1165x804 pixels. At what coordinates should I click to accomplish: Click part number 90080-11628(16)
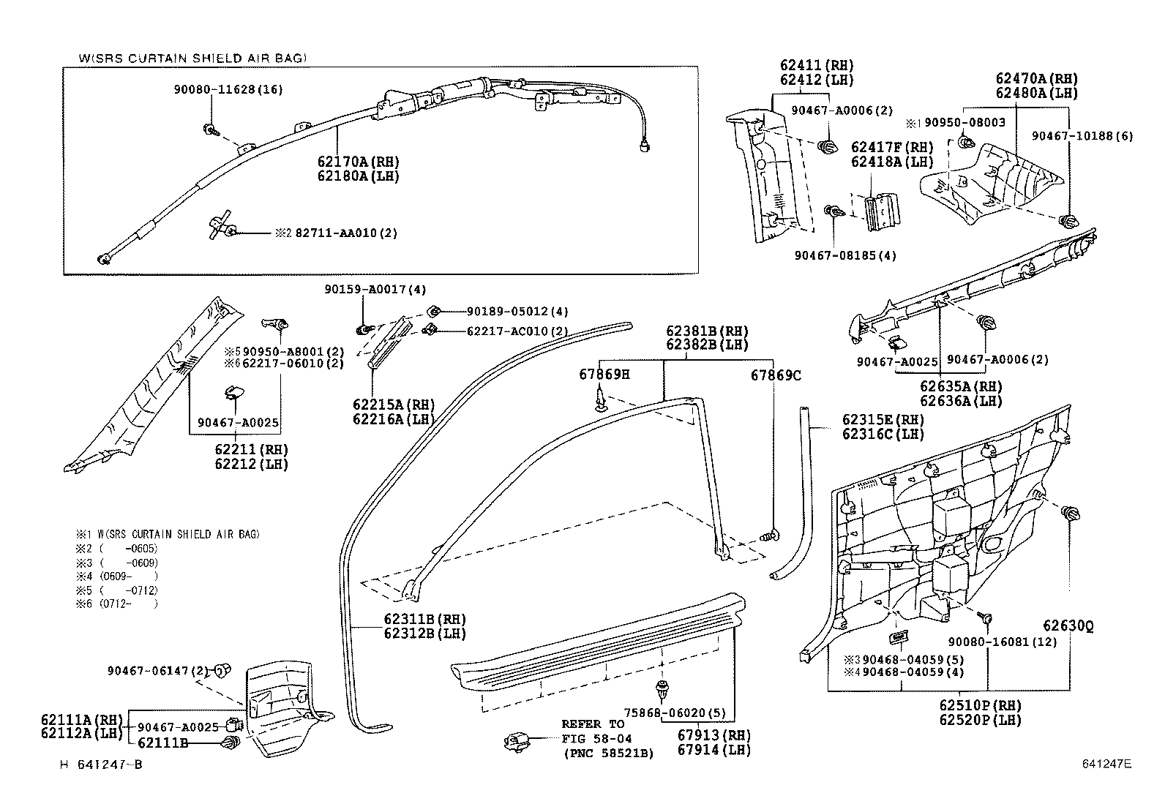228,90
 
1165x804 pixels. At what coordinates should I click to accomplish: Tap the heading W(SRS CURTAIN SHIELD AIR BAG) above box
192,58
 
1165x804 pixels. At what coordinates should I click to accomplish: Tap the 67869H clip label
604,375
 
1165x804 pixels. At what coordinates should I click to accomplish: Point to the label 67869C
776,375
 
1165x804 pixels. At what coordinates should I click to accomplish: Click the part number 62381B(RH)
707,331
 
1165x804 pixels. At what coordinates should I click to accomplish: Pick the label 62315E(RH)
883,420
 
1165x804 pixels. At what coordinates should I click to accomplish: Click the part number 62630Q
1068,626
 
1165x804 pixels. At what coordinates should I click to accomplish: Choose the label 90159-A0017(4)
375,289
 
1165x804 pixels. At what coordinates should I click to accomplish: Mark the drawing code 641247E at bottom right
1106,764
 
